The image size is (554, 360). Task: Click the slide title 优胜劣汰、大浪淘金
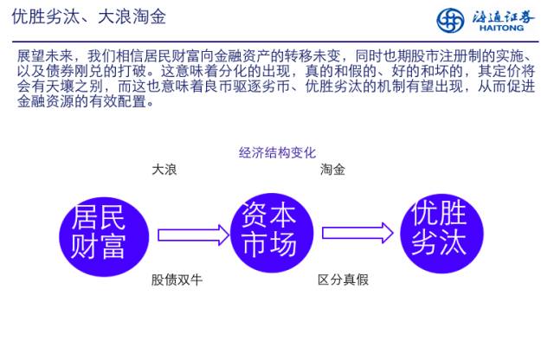[x=88, y=16]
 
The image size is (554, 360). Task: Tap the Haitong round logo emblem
[x=450, y=18]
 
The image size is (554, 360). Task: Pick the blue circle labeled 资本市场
[x=267, y=230]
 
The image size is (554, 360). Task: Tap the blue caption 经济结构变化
[x=277, y=153]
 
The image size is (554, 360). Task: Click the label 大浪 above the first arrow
[x=164, y=170]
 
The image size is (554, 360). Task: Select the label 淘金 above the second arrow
[x=332, y=170]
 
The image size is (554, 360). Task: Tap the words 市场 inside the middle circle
[x=267, y=246]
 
